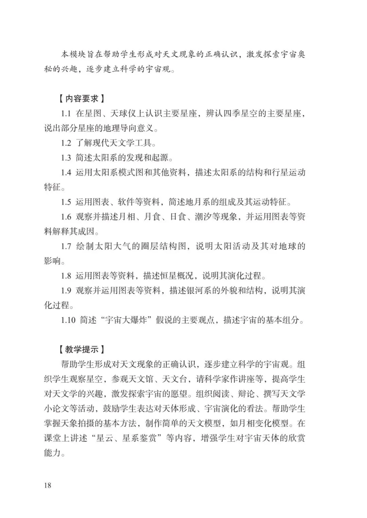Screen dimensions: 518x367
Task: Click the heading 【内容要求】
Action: (x=81, y=99)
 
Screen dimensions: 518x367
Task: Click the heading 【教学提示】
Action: (x=81, y=349)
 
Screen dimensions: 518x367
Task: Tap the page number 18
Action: (x=48, y=485)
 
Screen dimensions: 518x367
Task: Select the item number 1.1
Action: (x=66, y=113)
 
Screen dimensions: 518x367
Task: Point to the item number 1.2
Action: (x=66, y=143)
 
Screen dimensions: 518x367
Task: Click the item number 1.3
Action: (x=66, y=158)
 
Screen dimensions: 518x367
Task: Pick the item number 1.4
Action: (x=66, y=172)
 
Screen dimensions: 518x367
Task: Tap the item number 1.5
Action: (x=66, y=202)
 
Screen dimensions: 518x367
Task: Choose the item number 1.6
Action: (x=66, y=217)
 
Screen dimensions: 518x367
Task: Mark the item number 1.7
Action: (x=66, y=246)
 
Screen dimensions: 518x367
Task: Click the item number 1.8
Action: (x=66, y=276)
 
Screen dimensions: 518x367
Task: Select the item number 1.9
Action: (x=66, y=291)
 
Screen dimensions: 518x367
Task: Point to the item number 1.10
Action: (x=68, y=320)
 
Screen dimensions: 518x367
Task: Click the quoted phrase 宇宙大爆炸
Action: (x=126, y=320)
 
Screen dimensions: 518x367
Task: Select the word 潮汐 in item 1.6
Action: (x=203, y=217)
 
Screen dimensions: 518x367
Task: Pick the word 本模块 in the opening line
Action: (x=74, y=54)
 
